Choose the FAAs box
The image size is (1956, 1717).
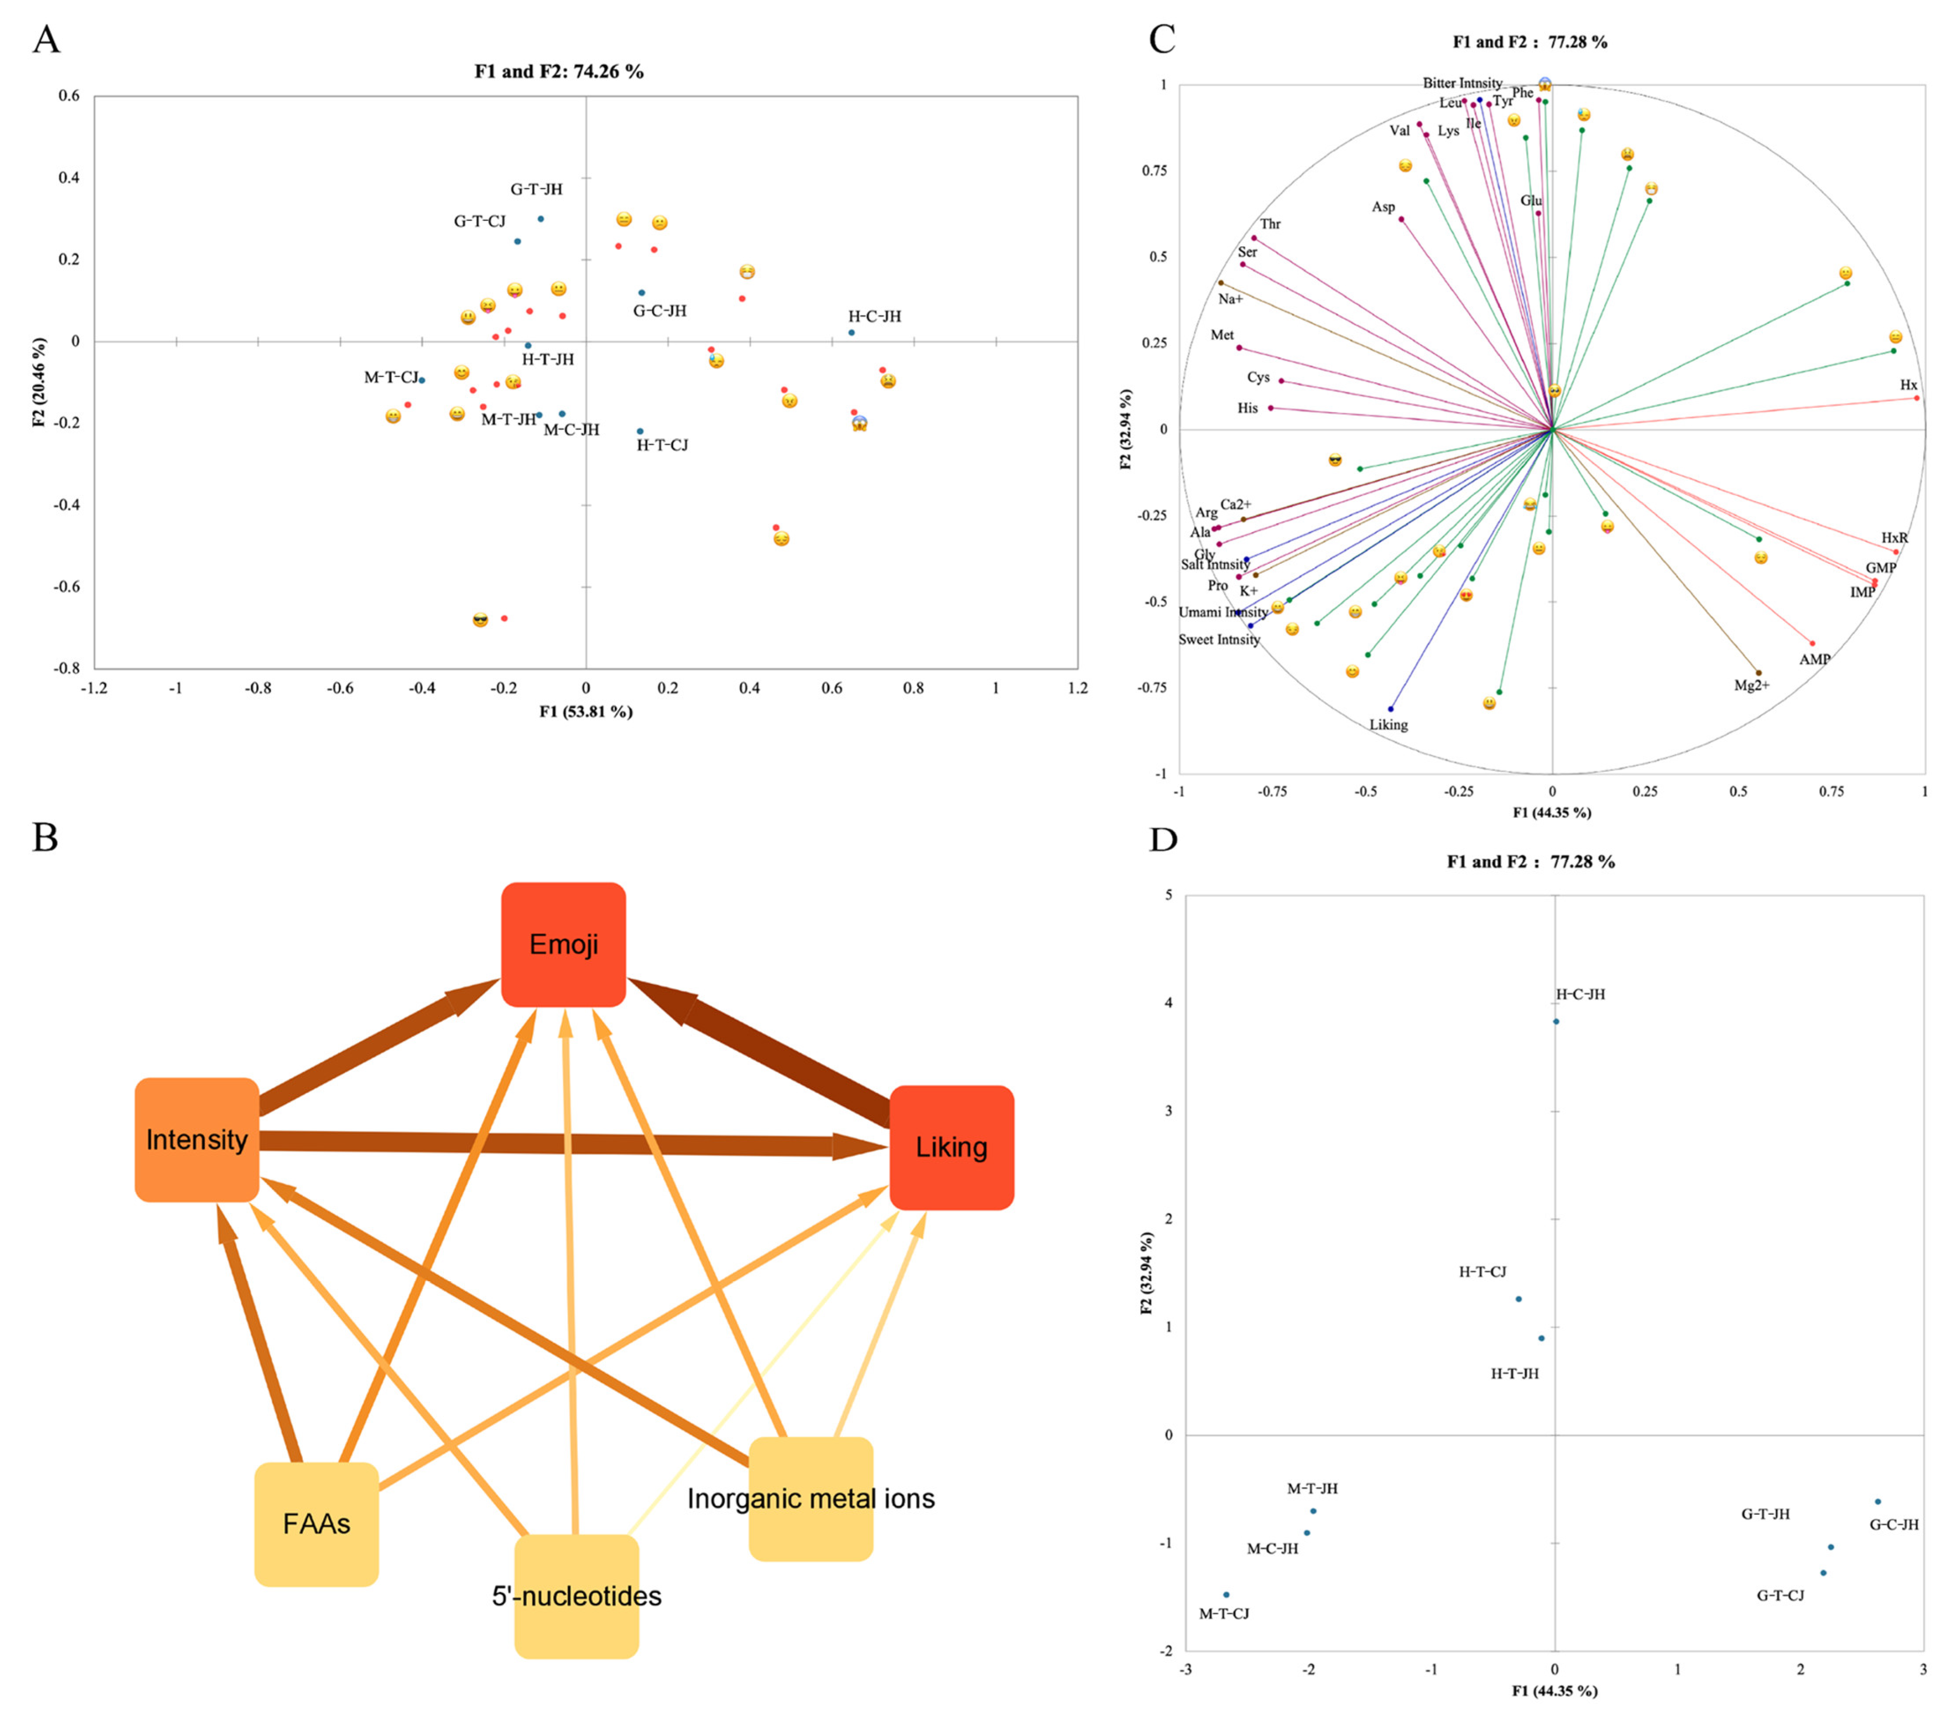tap(317, 1523)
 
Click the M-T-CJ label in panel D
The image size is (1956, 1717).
tap(1224, 1614)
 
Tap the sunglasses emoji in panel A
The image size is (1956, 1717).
tap(480, 620)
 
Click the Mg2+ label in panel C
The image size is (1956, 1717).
tap(1752, 685)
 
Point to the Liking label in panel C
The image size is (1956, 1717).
tap(1388, 725)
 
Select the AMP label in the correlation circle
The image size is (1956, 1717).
tap(1815, 659)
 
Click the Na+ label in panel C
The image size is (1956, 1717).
tap(1231, 300)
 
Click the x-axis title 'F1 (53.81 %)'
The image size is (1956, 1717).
tap(586, 711)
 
